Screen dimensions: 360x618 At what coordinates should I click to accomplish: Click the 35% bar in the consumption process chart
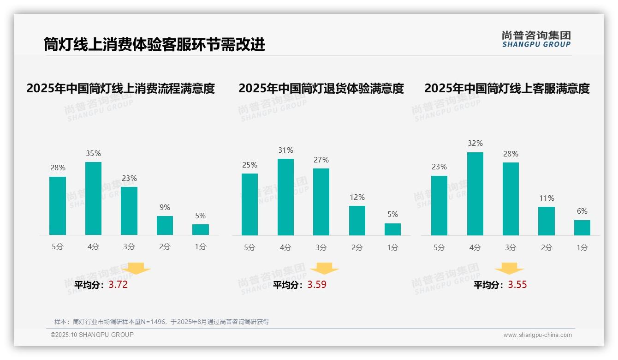(x=93, y=198)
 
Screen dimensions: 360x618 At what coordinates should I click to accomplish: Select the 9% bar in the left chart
(x=165, y=225)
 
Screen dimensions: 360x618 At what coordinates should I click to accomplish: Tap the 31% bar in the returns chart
(x=285, y=197)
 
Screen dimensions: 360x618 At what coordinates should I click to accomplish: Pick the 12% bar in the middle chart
(x=357, y=221)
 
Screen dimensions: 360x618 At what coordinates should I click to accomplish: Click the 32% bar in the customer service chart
(x=475, y=194)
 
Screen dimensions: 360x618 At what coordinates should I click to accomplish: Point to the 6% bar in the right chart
(x=582, y=228)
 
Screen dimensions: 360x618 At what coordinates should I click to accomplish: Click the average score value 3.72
(x=118, y=285)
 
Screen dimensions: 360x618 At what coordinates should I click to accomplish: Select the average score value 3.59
(x=317, y=285)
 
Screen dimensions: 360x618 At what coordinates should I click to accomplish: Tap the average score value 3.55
(x=517, y=285)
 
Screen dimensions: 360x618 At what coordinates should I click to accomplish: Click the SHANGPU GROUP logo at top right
(x=536, y=39)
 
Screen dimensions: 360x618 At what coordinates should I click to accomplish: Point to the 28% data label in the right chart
(x=511, y=154)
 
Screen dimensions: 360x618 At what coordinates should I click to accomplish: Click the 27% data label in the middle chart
(x=321, y=160)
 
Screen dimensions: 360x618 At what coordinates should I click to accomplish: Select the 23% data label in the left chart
(x=129, y=178)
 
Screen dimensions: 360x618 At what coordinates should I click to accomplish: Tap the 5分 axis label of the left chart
(x=58, y=246)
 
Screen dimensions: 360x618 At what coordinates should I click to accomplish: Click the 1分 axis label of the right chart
(x=582, y=247)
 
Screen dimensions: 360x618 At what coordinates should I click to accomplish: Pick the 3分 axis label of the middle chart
(x=321, y=247)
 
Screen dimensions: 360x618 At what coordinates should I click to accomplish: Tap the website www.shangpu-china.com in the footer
(x=537, y=335)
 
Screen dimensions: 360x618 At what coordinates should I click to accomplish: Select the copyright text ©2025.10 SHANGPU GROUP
(x=92, y=335)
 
